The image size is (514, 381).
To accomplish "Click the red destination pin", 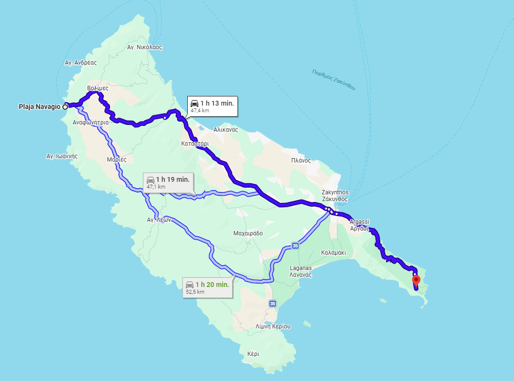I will point(416,280).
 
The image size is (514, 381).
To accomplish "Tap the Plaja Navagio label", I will point(40,107).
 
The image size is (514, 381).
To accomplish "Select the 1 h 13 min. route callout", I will point(212,106).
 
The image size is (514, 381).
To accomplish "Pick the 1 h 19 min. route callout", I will point(168,182).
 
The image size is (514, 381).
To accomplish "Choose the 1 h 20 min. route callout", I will point(208,287).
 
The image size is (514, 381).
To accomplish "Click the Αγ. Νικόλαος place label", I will point(144,48).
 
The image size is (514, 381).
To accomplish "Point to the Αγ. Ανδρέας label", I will point(81,63).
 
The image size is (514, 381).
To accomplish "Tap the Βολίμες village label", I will point(97,88).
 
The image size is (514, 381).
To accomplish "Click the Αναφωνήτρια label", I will point(90,122).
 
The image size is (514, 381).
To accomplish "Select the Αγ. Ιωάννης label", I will point(62,156).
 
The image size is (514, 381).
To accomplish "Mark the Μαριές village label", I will point(116,159).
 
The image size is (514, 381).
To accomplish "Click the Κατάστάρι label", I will point(194,144).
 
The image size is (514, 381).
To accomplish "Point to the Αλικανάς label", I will point(226,130).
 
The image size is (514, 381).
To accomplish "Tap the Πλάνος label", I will point(301,161).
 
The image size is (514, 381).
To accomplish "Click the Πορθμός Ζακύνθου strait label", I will point(333,80).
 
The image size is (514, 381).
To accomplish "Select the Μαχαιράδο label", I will point(248,233).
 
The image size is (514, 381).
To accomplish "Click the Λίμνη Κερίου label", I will point(273,327).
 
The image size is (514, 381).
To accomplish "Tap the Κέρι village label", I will point(253,354).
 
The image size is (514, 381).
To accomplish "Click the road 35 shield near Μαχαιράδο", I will point(295,246).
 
